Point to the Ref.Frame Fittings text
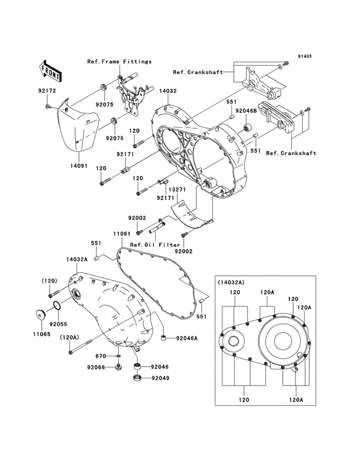(x=120, y=61)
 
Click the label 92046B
(x=246, y=111)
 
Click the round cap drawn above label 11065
(x=39, y=315)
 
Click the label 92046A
(x=186, y=338)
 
